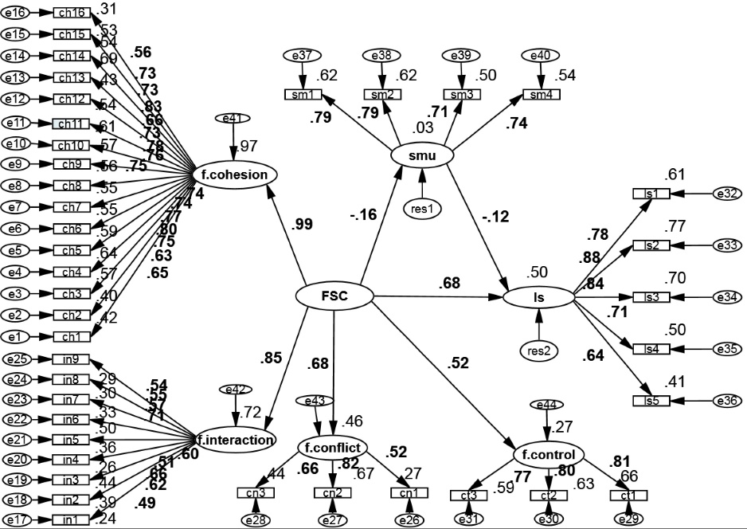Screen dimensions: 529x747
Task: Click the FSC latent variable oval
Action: point(334,296)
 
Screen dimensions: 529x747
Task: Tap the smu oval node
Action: point(421,156)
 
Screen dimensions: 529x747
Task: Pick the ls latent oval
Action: point(538,297)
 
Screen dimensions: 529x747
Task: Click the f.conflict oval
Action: point(332,447)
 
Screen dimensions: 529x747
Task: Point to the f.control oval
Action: point(549,456)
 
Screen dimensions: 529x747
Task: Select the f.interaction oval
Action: point(237,439)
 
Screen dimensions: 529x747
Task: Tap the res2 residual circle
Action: point(538,351)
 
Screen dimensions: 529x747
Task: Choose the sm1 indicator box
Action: point(303,95)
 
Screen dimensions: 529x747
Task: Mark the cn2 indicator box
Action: point(332,492)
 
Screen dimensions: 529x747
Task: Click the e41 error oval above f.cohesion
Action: point(233,119)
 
